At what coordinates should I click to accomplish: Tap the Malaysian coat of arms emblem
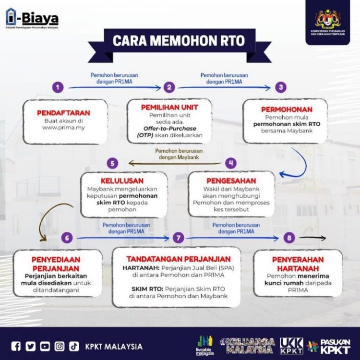pyautogui.click(x=327, y=20)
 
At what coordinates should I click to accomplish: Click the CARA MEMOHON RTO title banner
pyautogui.click(x=180, y=40)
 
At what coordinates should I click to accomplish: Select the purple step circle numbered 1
pyautogui.click(x=58, y=87)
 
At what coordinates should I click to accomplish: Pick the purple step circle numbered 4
pyautogui.click(x=232, y=163)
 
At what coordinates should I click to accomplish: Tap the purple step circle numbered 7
pyautogui.click(x=179, y=238)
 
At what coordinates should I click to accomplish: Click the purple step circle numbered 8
pyautogui.click(x=288, y=238)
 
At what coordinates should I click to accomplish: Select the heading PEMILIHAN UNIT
pyautogui.click(x=170, y=107)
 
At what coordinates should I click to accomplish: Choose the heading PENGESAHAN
pyautogui.click(x=231, y=180)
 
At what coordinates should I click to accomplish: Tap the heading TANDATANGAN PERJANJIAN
pyautogui.click(x=176, y=259)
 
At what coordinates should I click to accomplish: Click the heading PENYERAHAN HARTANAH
pyautogui.click(x=298, y=263)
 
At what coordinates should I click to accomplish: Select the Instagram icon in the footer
pyautogui.click(x=59, y=346)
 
